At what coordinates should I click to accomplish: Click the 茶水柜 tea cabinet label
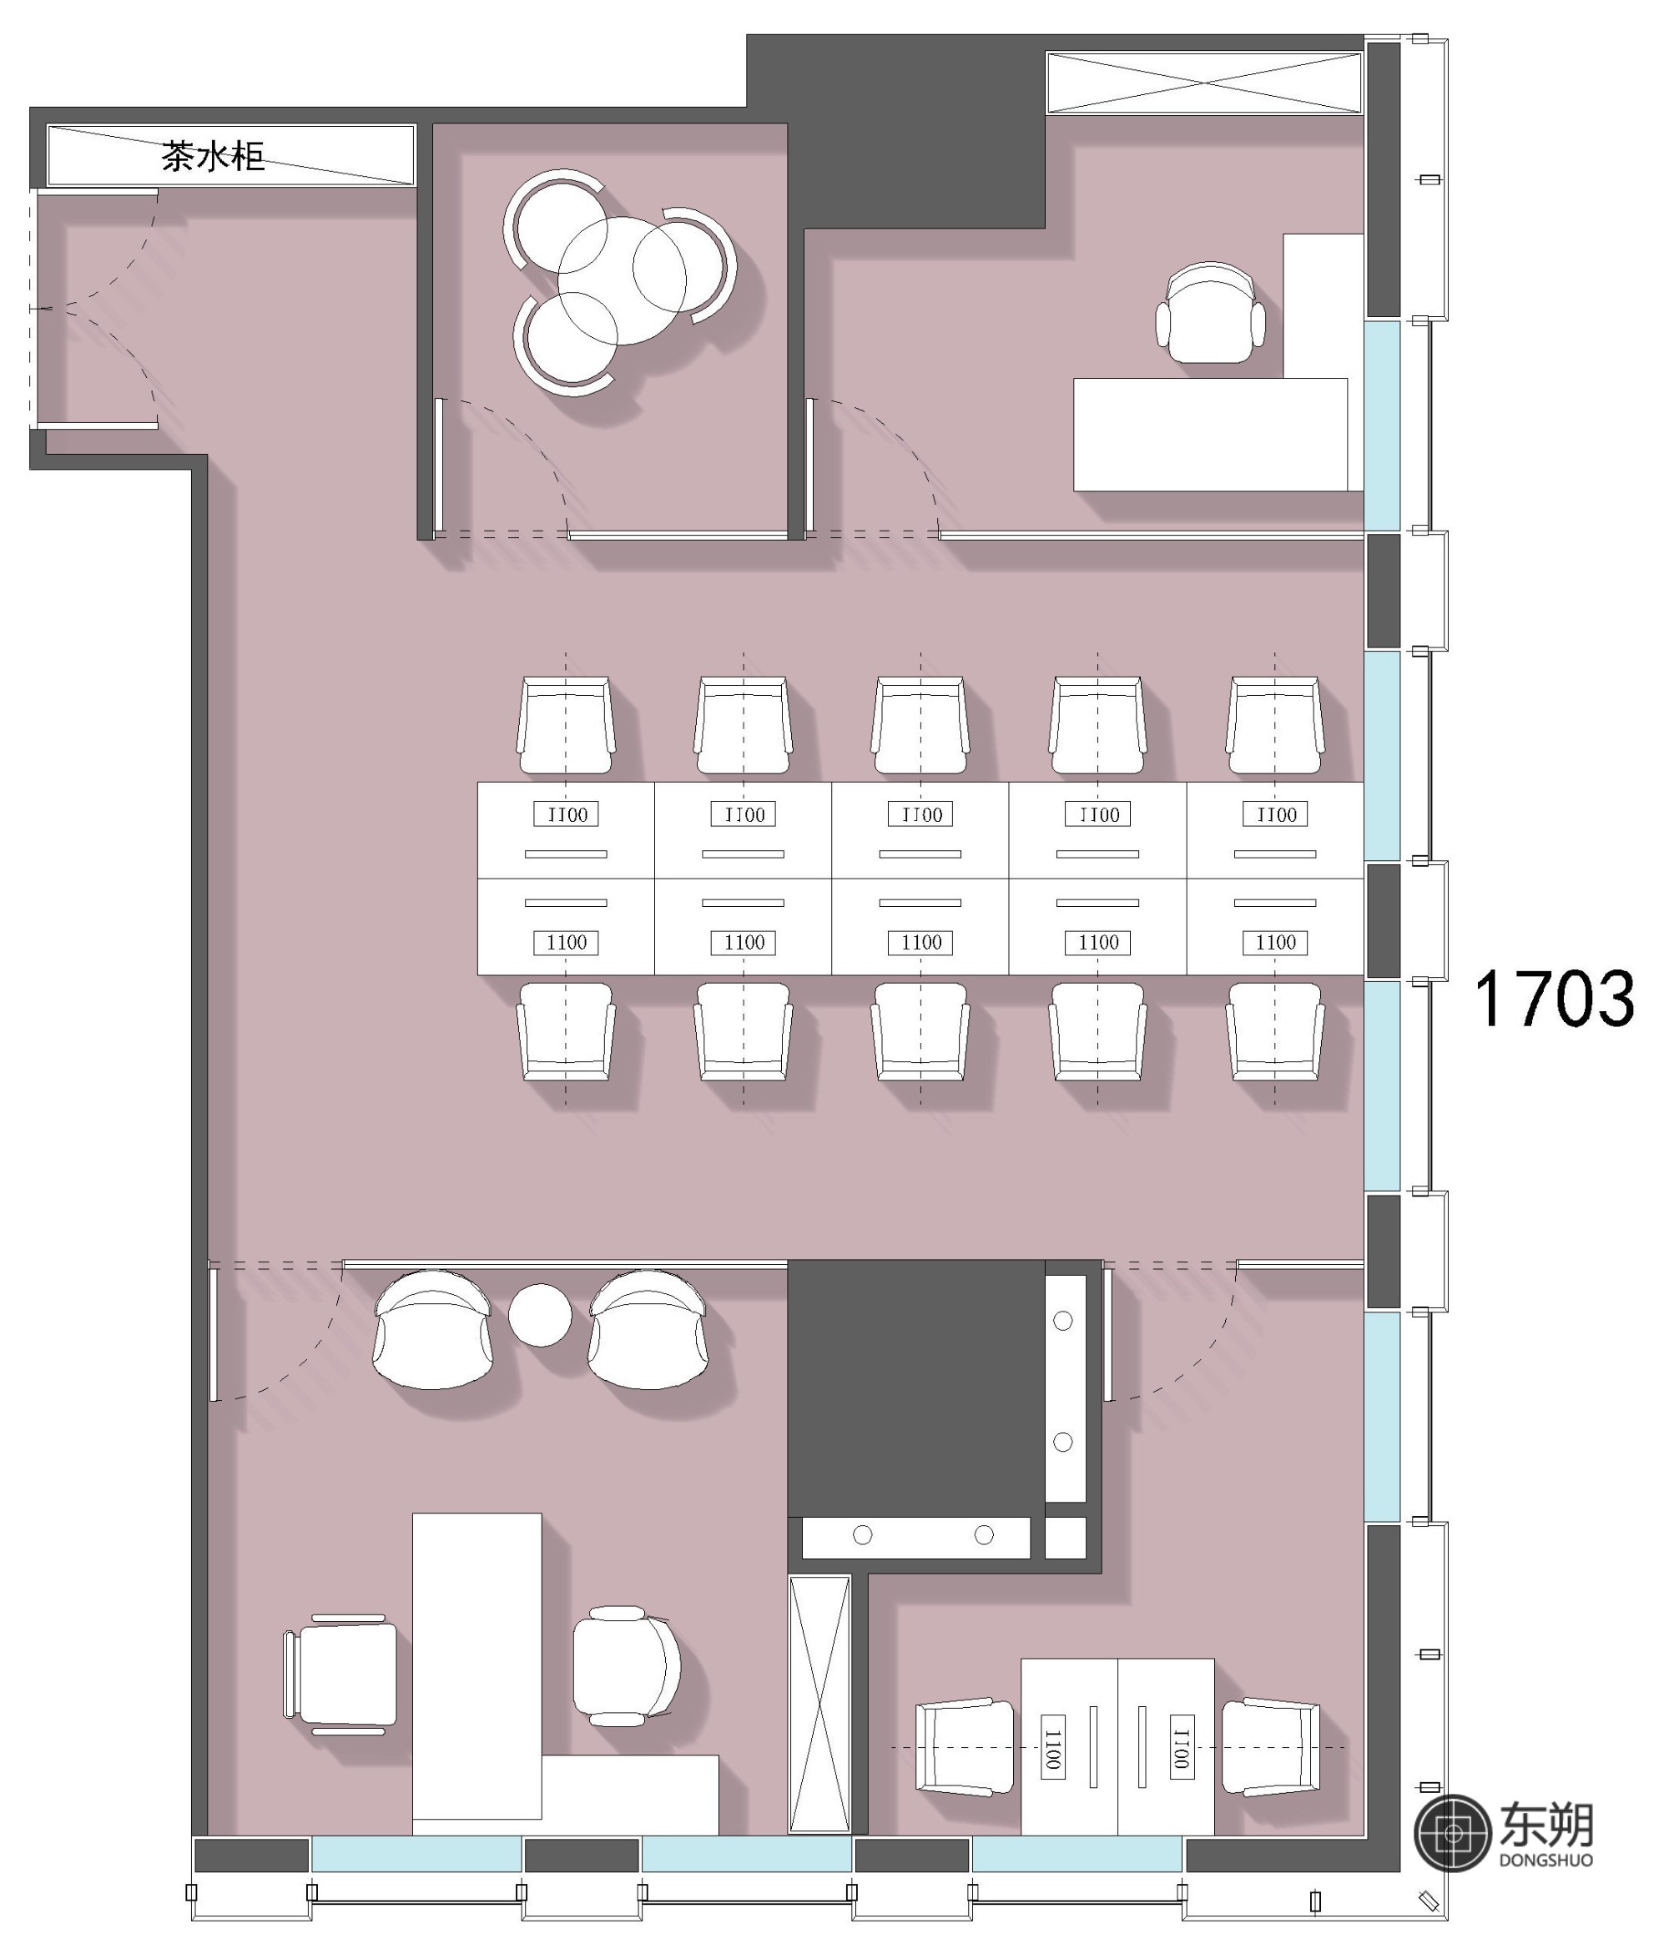pyautogui.click(x=213, y=156)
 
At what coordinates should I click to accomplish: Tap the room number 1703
pyautogui.click(x=1553, y=998)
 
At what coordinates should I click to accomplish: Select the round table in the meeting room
pyautogui.click(x=622, y=280)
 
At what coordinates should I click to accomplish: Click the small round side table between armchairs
pyautogui.click(x=540, y=1315)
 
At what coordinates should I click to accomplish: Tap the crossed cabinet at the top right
pyautogui.click(x=1204, y=83)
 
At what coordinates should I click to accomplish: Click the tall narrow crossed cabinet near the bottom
pyautogui.click(x=819, y=1705)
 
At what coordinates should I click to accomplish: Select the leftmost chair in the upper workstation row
pyautogui.click(x=566, y=725)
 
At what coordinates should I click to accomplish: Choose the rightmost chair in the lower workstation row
pyautogui.click(x=1275, y=1032)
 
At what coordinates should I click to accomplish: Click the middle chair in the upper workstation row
pyautogui.click(x=920, y=725)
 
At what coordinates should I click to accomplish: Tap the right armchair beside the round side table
pyautogui.click(x=648, y=1329)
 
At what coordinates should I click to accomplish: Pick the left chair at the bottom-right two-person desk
pyautogui.click(x=966, y=1747)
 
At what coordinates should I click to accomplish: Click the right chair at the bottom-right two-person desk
pyautogui.click(x=1271, y=1747)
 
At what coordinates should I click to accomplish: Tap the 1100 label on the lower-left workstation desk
pyautogui.click(x=567, y=943)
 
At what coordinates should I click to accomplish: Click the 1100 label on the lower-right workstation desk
pyautogui.click(x=1276, y=943)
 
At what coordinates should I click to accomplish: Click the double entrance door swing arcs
pyautogui.click(x=94, y=308)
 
